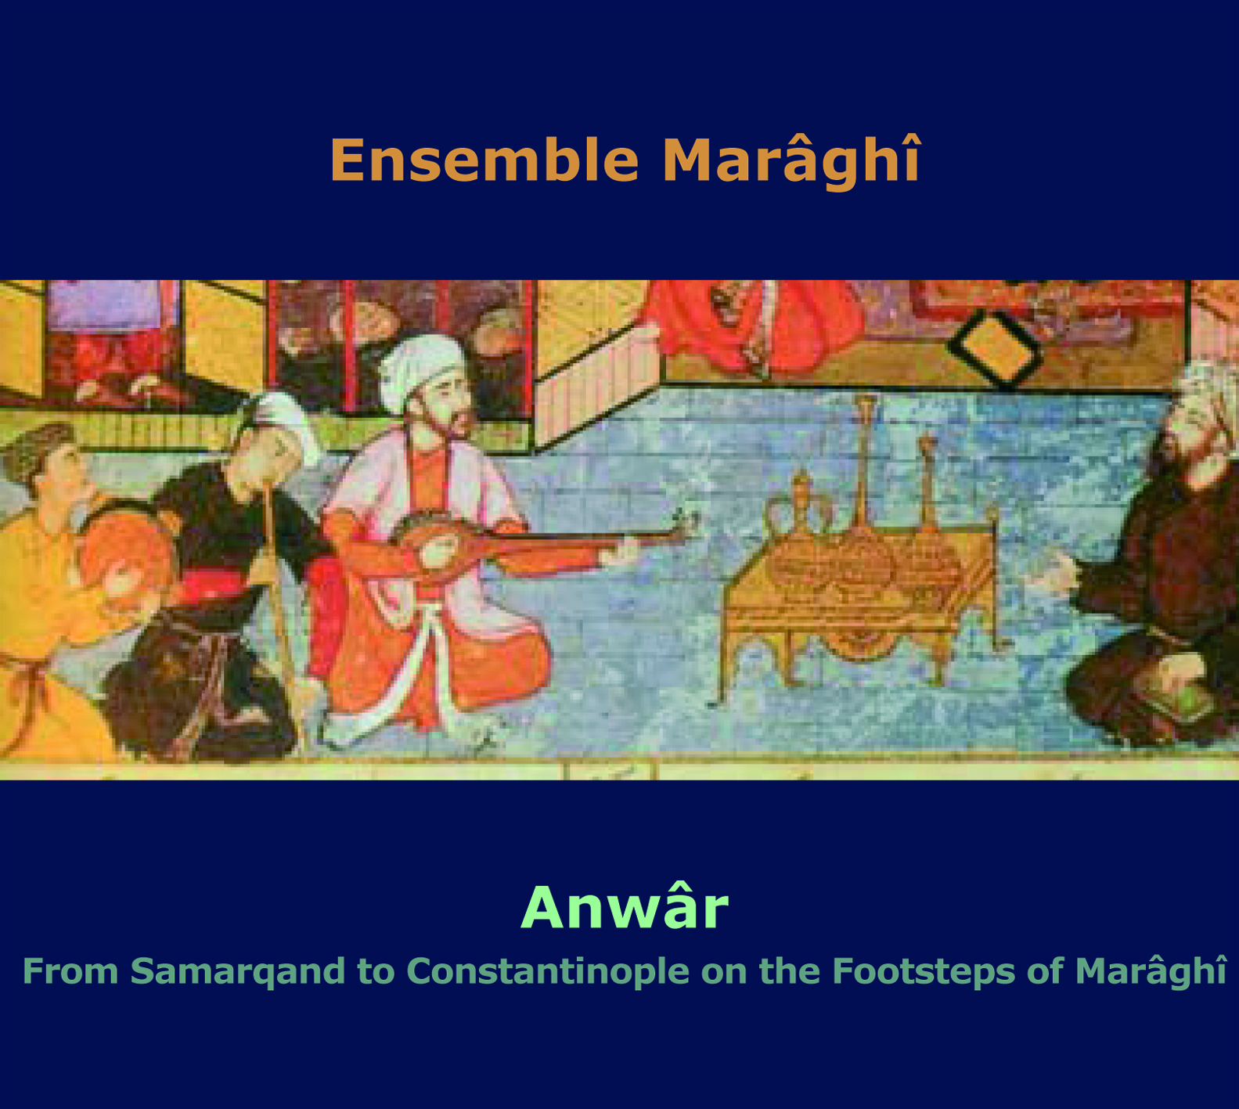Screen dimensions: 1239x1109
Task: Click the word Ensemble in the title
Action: (484, 160)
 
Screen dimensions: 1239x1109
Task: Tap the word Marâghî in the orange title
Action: (791, 160)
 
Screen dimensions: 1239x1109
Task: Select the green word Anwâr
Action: (625, 908)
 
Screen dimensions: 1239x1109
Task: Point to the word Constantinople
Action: (548, 972)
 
